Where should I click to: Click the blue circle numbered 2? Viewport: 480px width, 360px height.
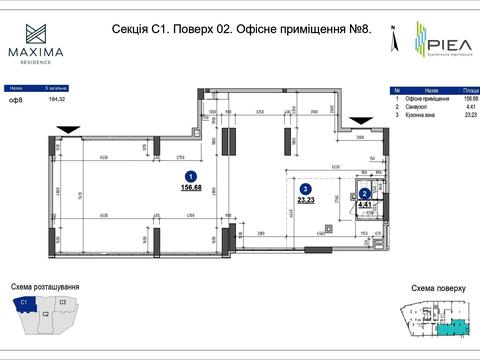coord(365,195)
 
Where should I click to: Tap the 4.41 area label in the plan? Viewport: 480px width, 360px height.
coord(367,206)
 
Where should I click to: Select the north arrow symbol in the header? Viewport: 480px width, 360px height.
coord(394,41)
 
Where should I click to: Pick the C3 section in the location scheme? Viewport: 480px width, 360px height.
coord(62,301)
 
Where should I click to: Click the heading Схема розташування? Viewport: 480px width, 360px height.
coord(44,287)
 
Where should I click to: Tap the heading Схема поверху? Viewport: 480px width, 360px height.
coord(438,288)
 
